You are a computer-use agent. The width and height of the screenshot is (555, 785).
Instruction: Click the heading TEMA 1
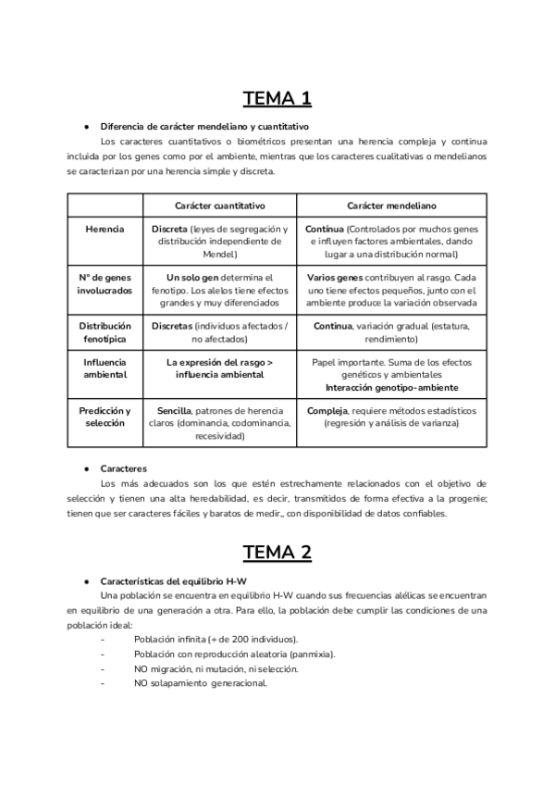point(277,98)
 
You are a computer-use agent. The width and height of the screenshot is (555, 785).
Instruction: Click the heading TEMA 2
point(277,553)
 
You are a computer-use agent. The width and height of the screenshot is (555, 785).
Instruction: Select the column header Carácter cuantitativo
point(220,205)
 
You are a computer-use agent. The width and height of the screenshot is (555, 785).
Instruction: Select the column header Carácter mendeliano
point(392,205)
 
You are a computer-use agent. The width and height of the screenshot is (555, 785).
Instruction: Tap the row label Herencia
point(105,228)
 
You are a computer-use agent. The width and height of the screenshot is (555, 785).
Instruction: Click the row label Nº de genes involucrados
point(105,283)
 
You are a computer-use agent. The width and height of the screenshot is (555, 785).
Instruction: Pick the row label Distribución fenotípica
point(105,332)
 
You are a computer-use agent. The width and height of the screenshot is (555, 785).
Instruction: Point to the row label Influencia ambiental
point(105,368)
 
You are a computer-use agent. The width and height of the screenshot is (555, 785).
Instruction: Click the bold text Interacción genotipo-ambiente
point(392,387)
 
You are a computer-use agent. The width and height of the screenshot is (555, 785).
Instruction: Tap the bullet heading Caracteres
point(124,469)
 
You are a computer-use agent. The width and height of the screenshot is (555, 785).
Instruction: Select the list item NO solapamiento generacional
point(201,683)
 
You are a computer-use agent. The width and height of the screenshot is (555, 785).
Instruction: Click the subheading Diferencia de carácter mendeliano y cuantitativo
point(204,126)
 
